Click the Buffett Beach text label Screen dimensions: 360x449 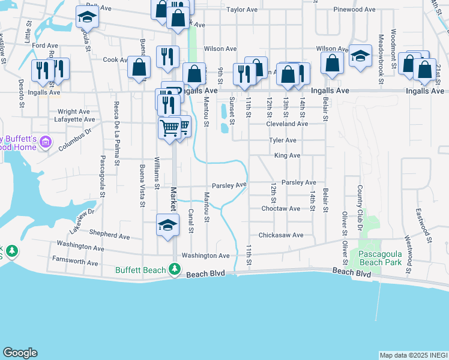coord(140,270)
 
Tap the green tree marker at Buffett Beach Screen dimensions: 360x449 coord(175,269)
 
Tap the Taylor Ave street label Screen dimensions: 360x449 coord(242,10)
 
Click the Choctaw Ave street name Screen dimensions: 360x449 coord(280,209)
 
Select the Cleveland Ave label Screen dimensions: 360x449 coord(288,124)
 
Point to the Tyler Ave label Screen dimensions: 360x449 coord(283,140)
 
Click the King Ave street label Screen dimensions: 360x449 coord(287,155)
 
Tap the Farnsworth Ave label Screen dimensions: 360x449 coord(75,263)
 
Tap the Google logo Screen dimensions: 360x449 coord(20,353)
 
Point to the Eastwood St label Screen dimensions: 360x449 coord(422,222)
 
